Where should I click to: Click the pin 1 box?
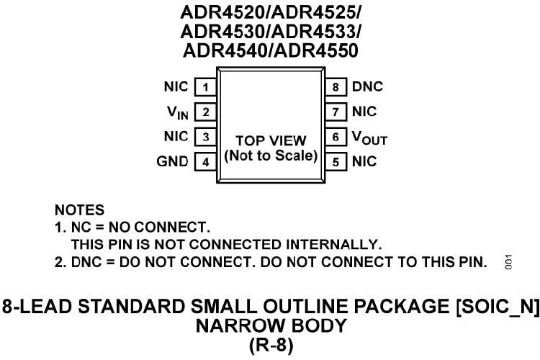[206, 87]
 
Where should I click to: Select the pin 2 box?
[206, 112]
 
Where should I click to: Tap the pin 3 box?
[206, 137]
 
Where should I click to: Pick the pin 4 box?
[206, 162]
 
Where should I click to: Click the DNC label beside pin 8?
[367, 87]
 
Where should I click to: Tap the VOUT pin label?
[369, 138]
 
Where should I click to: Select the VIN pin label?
[177, 113]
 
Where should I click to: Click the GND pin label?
[173, 162]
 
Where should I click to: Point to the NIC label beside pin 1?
[176, 87]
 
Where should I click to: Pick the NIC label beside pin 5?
[364, 162]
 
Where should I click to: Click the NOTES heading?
[79, 211]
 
